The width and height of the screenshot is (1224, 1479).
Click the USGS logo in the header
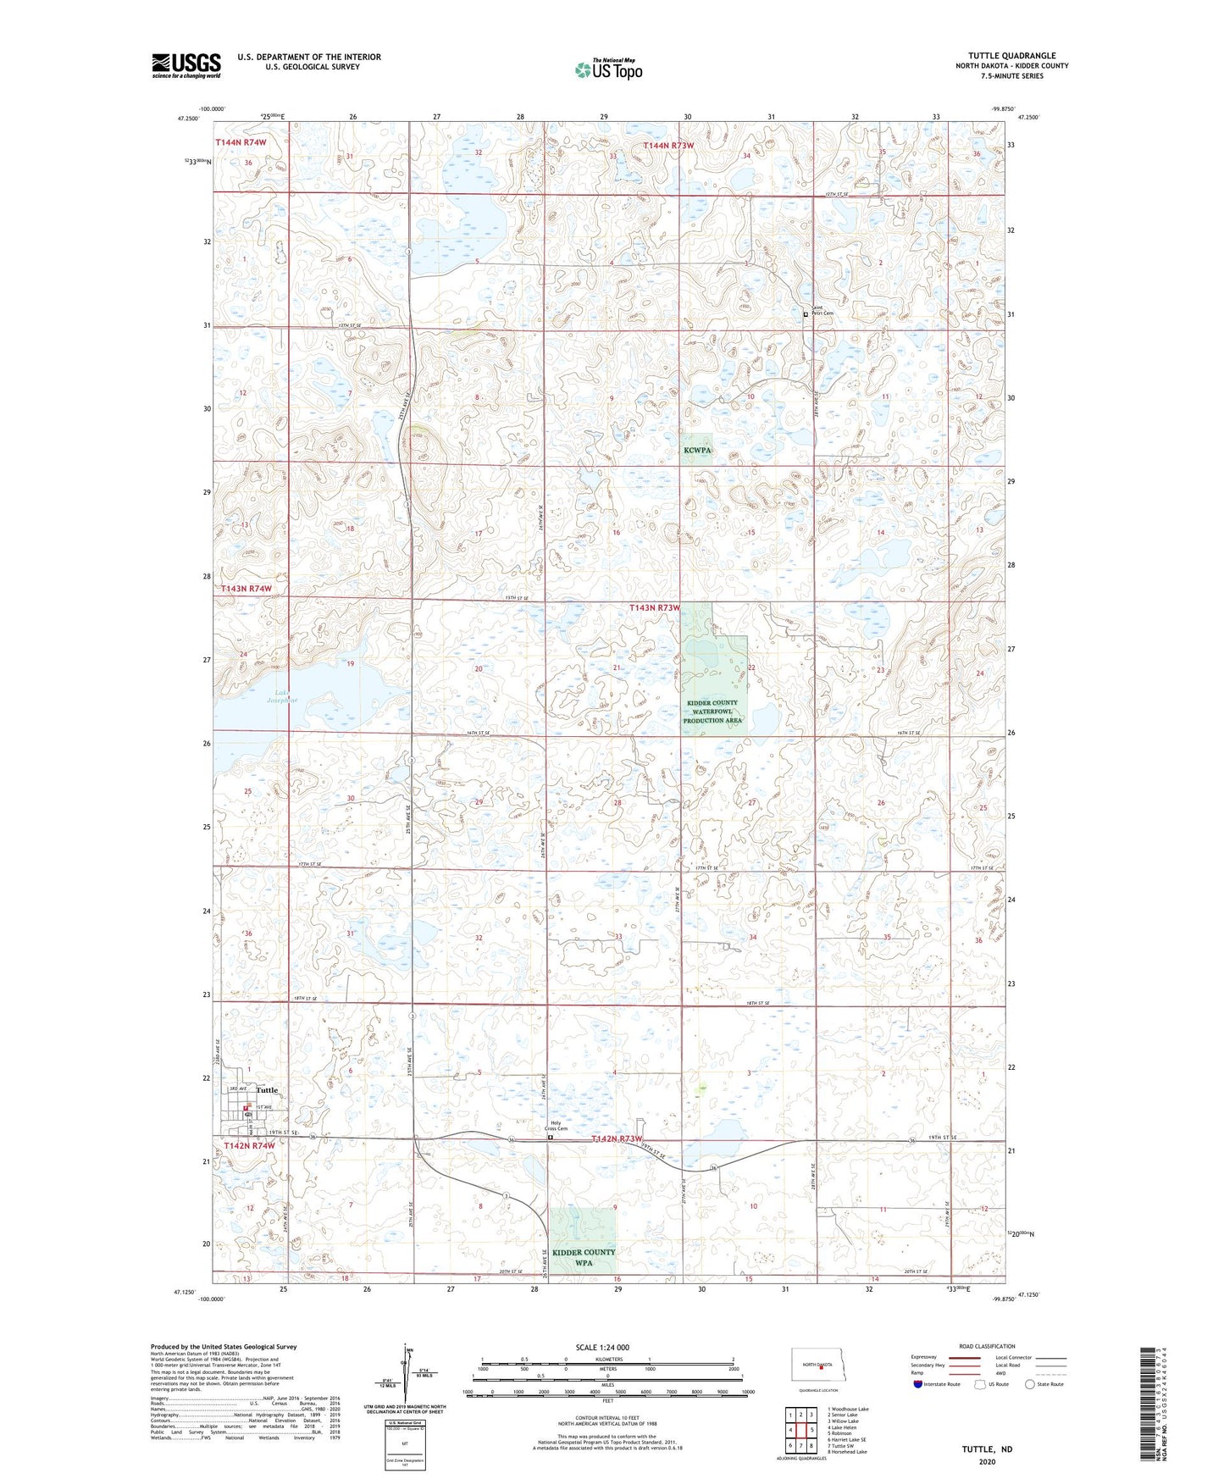pos(186,65)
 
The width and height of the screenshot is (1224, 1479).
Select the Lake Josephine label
pos(282,696)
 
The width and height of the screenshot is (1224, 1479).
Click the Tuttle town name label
pos(267,1090)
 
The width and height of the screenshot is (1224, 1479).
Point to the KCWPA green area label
pos(697,451)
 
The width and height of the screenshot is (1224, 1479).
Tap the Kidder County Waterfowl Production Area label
pos(712,712)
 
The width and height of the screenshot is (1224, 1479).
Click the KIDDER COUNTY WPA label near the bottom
pos(583,1257)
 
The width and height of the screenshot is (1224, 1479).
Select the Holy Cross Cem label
pos(556,1126)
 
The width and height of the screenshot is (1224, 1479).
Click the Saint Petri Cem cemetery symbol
pos(806,314)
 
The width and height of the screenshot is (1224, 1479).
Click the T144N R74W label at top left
pos(241,142)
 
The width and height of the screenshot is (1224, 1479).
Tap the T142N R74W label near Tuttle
pos(250,1145)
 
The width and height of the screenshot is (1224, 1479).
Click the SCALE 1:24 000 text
pos(602,1347)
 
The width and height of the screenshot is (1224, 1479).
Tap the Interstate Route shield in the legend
pos(918,1384)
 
